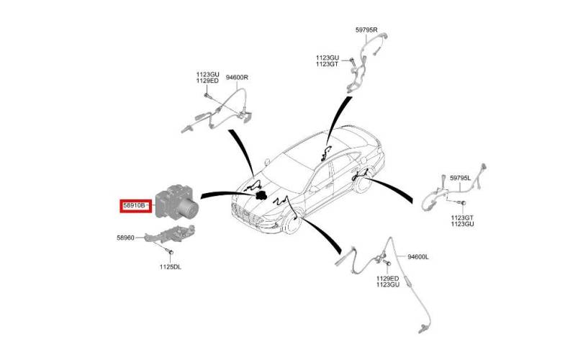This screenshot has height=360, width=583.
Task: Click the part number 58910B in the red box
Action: tap(134, 205)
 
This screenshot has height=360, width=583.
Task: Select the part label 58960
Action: tap(126, 238)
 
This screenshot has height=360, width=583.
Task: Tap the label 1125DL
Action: tap(171, 267)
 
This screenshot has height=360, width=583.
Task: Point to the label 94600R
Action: tap(237, 78)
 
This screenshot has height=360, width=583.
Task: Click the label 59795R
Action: tap(366, 30)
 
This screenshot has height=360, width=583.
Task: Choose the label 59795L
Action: tap(461, 178)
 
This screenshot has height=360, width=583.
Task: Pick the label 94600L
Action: tap(418, 256)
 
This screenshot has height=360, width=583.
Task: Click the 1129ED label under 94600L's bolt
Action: tap(388, 278)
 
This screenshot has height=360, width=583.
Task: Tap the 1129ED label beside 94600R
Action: tap(207, 81)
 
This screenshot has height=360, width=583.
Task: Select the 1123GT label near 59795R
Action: tap(327, 64)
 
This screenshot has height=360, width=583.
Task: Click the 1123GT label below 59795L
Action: tap(463, 217)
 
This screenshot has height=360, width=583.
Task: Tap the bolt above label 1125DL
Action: tap(171, 253)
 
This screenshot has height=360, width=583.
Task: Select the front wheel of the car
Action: tap(291, 223)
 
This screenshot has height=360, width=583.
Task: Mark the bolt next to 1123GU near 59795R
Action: tap(351, 60)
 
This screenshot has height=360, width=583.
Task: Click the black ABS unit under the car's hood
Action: tap(261, 195)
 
